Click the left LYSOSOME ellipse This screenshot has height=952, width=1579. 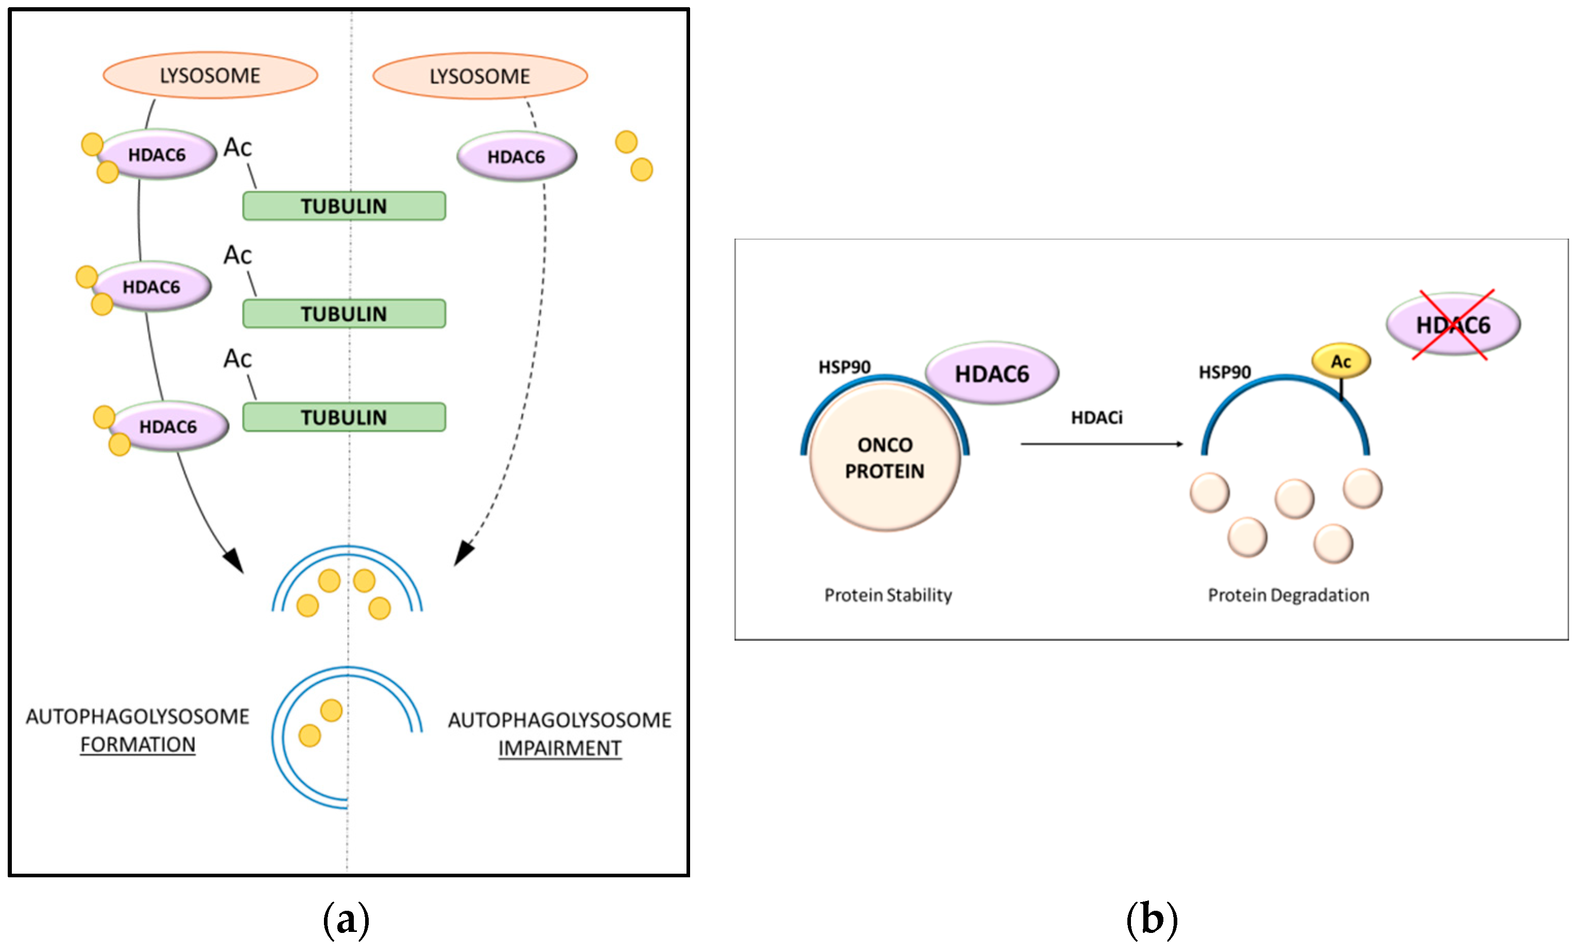(x=210, y=76)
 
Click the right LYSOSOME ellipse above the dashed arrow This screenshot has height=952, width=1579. (x=480, y=76)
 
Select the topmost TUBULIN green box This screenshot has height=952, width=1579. (x=344, y=206)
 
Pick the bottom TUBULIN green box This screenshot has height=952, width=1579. (x=344, y=417)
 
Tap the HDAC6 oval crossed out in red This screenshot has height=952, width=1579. (x=1453, y=325)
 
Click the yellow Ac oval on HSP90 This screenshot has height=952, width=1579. (x=1341, y=362)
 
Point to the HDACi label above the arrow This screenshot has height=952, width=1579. (x=1096, y=418)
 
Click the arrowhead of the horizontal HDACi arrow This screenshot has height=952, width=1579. (x=1180, y=444)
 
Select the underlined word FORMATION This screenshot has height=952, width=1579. (x=138, y=744)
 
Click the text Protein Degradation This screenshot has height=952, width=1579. (x=1288, y=595)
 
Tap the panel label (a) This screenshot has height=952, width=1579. (x=346, y=920)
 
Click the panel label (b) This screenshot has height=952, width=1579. (x=1152, y=920)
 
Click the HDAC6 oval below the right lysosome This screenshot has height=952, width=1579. (x=517, y=157)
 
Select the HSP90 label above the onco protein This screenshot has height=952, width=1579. (x=844, y=367)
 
